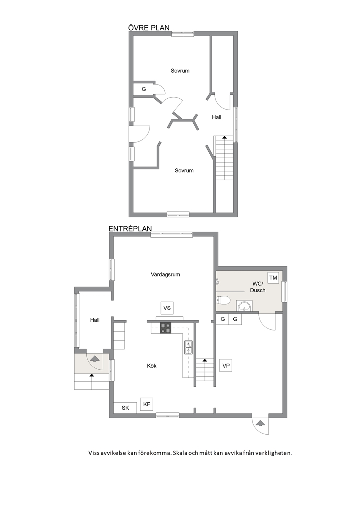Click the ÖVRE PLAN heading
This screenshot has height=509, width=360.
tap(149, 28)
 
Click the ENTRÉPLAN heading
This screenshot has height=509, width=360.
tap(130, 229)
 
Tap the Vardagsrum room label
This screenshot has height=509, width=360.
tap(165, 275)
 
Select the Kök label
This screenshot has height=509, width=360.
tap(152, 366)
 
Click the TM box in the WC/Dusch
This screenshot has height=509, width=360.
tap(273, 278)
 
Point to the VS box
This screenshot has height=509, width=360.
tap(167, 308)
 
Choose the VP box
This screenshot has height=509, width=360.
tap(226, 366)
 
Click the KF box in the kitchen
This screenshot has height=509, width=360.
tap(147, 404)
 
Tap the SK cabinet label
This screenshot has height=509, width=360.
tap(125, 408)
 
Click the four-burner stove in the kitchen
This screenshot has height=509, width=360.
tap(166, 328)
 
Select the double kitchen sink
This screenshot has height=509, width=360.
tap(188, 348)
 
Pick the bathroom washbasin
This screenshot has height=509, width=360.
tap(245, 305)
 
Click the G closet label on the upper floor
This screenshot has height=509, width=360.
tap(144, 89)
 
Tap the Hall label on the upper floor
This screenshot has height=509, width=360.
tap(216, 117)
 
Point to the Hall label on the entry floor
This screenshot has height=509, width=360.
tap(95, 320)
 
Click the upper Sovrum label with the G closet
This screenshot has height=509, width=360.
tap(180, 71)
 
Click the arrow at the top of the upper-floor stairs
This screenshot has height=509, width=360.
tap(225, 137)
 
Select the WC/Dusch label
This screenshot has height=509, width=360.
tap(258, 287)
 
